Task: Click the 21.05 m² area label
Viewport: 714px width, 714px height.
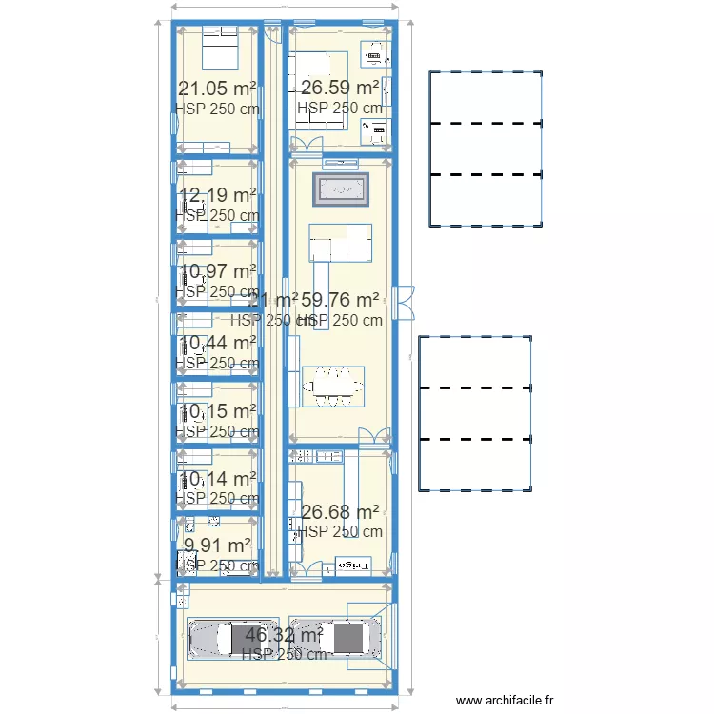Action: pos(217,89)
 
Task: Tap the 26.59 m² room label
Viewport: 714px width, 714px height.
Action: pos(340,89)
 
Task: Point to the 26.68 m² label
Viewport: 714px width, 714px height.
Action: pos(340,512)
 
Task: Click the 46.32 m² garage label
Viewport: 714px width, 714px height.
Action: pos(284,634)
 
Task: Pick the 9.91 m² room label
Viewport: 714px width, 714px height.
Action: pos(217,545)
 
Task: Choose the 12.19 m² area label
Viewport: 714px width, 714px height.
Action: pos(217,195)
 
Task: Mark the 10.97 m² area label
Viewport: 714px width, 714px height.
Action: pos(217,271)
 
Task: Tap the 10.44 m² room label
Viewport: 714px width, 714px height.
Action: pos(217,343)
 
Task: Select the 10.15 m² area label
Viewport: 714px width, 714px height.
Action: pos(217,411)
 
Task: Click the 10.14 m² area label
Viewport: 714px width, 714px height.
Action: pos(217,479)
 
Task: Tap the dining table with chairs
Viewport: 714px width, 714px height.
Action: pos(332,387)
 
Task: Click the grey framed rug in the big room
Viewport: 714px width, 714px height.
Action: pos(341,189)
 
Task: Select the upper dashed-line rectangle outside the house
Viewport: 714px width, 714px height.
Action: pos(486,149)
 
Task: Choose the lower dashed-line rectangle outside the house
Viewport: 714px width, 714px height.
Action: pos(475,413)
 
